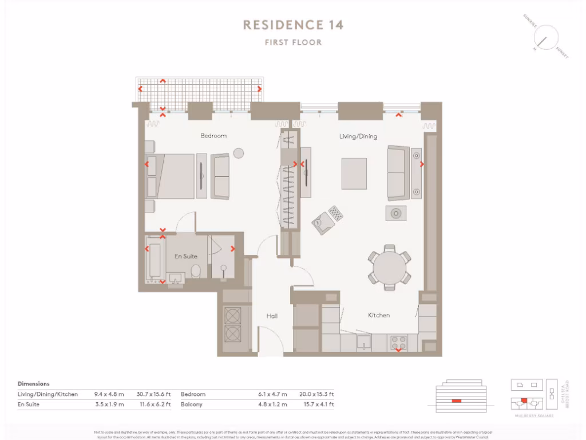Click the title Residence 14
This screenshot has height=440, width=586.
point(293,25)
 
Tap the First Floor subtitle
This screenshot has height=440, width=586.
point(293,42)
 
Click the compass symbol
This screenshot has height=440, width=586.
point(545,37)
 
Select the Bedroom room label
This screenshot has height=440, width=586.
point(213,136)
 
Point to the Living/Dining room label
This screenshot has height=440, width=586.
point(358,136)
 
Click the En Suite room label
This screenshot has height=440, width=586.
point(186,256)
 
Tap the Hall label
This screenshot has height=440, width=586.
point(272,316)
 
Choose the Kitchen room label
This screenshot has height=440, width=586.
point(379,315)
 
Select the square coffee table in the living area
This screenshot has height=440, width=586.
point(354,174)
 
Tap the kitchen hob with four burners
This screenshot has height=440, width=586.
point(398,342)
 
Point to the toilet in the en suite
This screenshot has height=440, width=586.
point(195,270)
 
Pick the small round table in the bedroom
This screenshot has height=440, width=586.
point(239,153)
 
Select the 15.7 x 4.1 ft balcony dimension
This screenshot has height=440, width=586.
point(316,404)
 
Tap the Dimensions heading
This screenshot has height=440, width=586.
point(34,384)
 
